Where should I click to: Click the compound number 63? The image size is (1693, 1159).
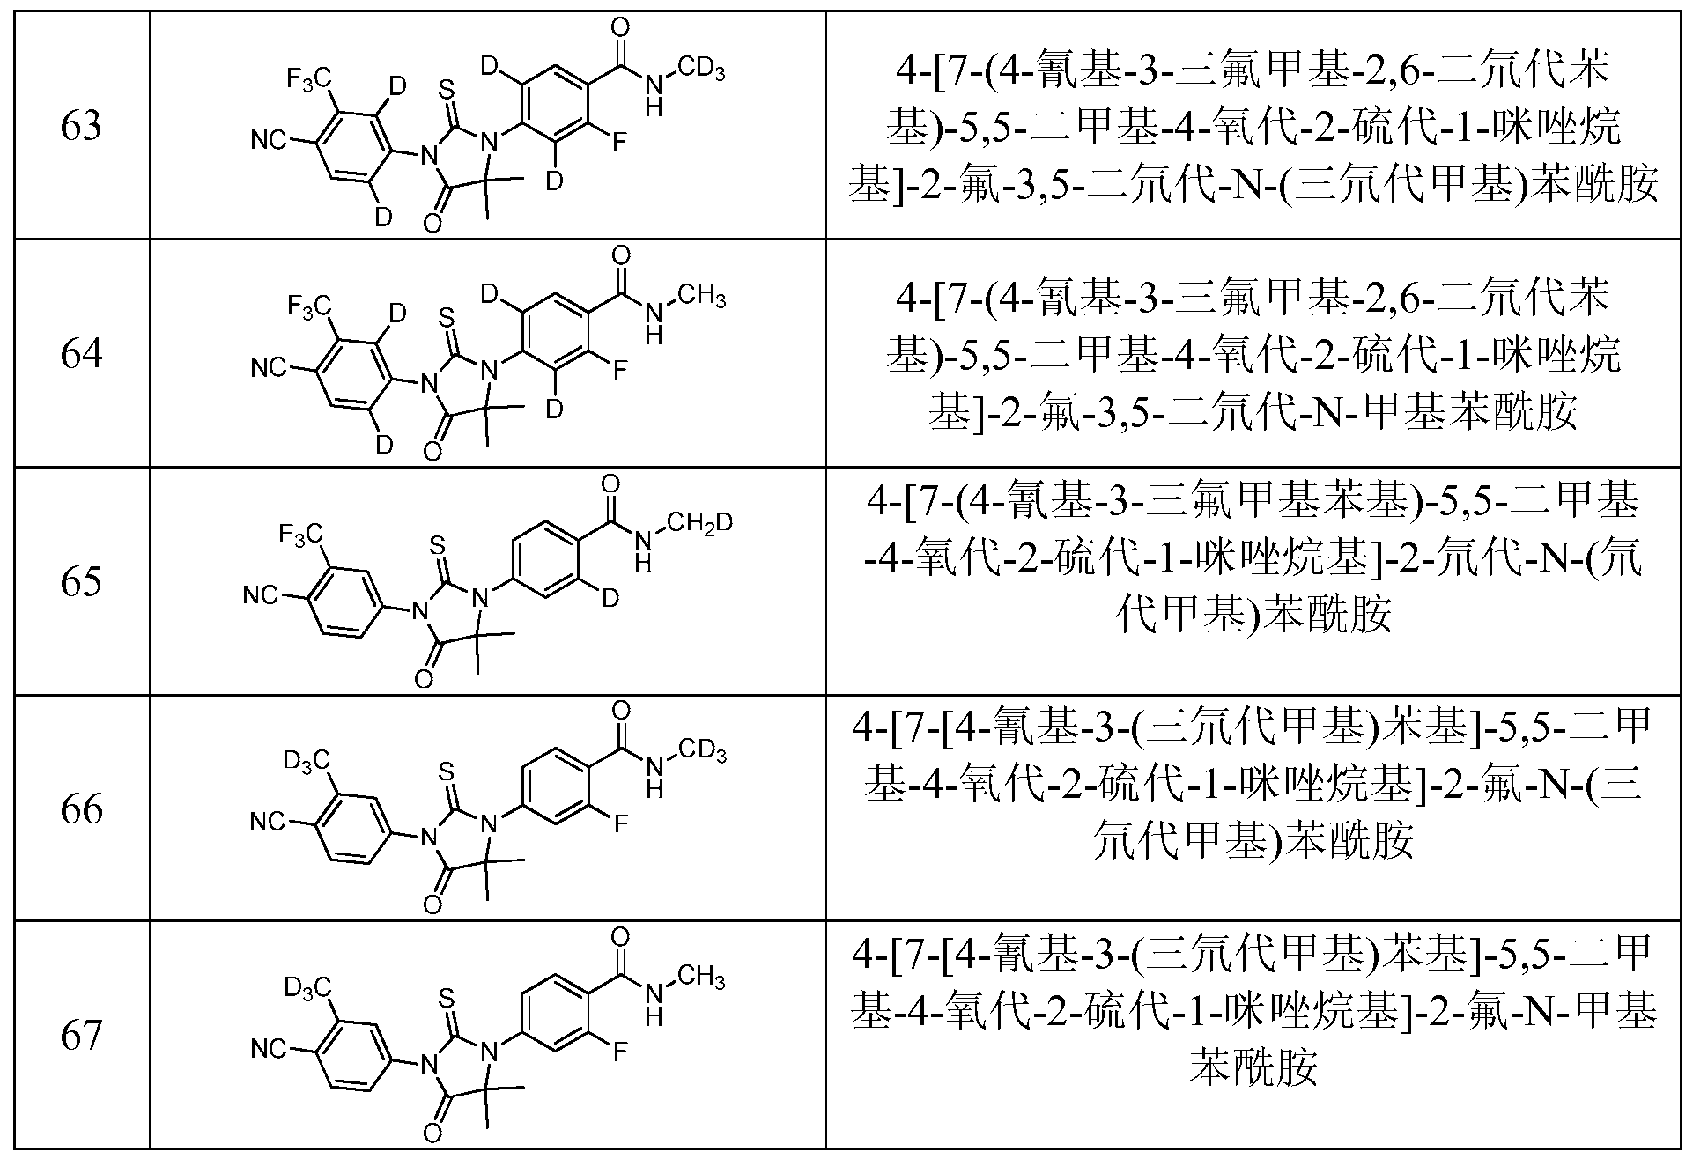click(81, 125)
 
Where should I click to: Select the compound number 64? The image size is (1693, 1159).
click(81, 353)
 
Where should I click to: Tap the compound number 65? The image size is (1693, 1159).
click(81, 581)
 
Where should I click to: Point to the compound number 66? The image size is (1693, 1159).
click(81, 808)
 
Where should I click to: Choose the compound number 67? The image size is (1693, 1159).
click(81, 1035)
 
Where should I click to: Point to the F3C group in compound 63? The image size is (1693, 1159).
click(309, 78)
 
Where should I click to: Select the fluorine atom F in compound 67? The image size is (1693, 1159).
click(620, 1051)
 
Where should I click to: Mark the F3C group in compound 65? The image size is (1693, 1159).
click(300, 534)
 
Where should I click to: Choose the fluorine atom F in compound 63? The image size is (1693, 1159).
click(620, 140)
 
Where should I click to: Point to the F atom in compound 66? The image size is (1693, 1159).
click(620, 823)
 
